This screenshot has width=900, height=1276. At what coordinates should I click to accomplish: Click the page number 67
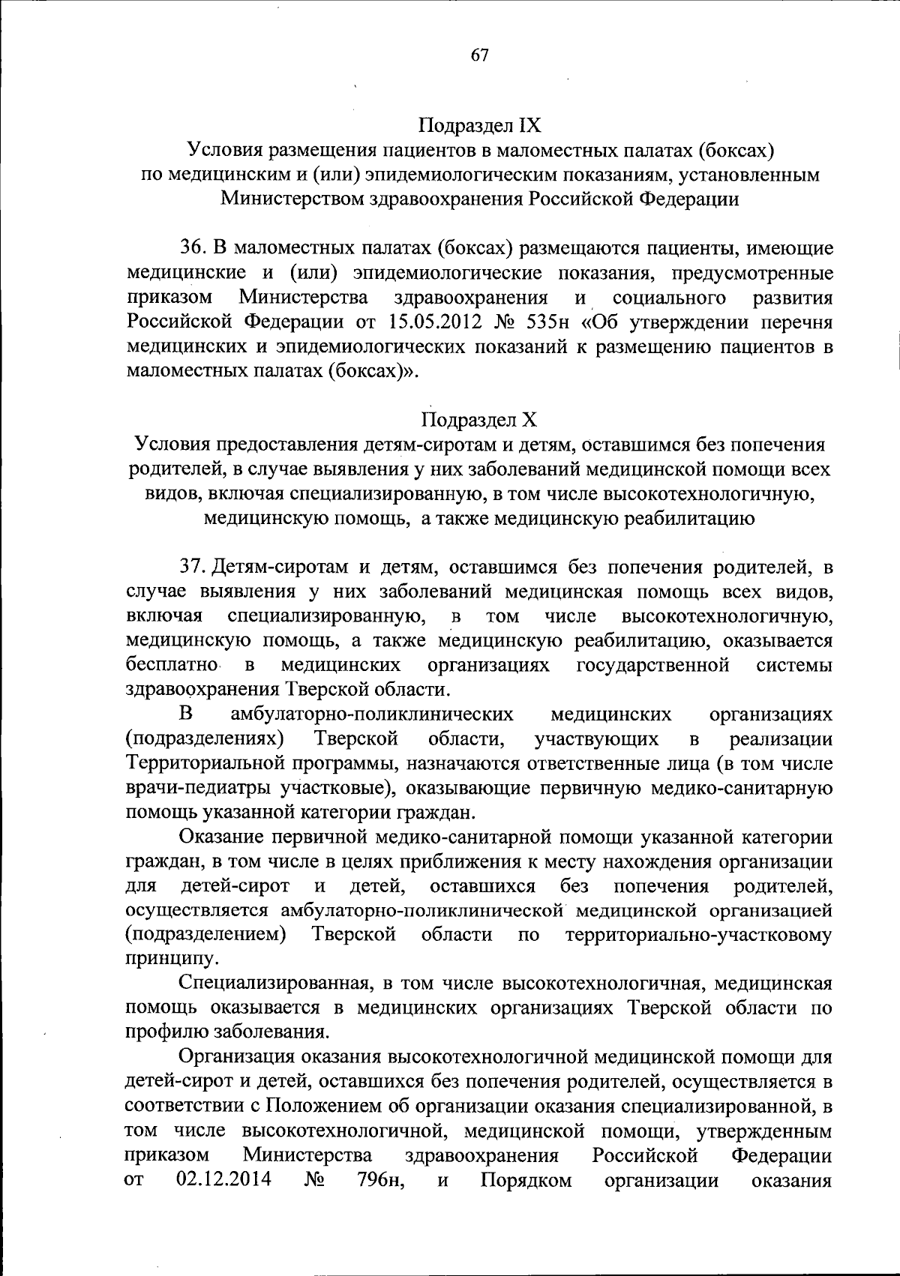pyautogui.click(x=480, y=55)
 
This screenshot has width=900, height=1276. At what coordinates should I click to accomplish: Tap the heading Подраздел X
pyautogui.click(x=479, y=420)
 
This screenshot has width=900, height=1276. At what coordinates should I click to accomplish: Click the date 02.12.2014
pyautogui.click(x=223, y=1181)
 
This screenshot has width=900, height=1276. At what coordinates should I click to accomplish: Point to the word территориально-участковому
pyautogui.click(x=699, y=935)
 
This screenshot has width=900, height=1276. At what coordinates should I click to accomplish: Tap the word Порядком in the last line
pyautogui.click(x=526, y=1181)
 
